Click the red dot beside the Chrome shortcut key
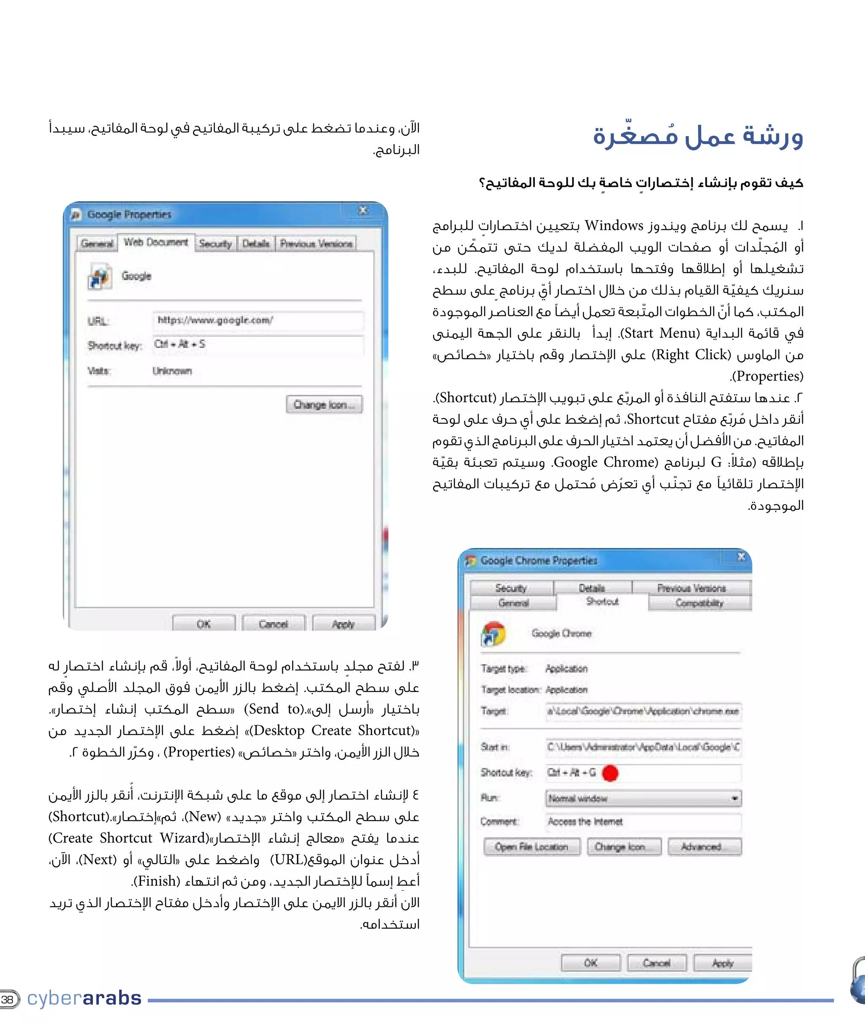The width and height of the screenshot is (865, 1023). [610, 773]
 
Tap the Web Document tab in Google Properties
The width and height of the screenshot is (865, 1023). [155, 242]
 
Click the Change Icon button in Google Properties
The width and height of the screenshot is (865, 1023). [324, 405]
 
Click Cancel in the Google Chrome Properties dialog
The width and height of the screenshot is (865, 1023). [657, 963]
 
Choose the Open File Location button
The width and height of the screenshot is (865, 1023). [532, 847]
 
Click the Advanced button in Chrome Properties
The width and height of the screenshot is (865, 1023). [704, 847]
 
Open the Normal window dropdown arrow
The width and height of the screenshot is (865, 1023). [734, 798]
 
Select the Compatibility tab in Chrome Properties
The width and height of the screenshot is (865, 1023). [699, 603]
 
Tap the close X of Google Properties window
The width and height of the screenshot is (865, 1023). [363, 211]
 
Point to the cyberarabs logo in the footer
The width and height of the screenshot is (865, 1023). [84, 998]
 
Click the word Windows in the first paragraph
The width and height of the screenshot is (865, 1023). [614, 226]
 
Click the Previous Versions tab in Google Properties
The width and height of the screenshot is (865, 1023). [316, 243]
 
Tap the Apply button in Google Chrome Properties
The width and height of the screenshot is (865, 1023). [722, 963]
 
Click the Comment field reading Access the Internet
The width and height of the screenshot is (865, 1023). [643, 821]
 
